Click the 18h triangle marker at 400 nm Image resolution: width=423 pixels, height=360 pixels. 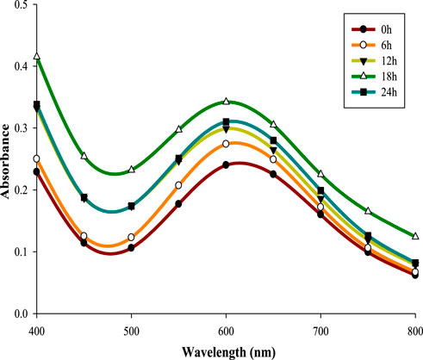(x=37, y=57)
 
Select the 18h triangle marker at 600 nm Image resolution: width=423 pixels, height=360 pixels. (x=226, y=102)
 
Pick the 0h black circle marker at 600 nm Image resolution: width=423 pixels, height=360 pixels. (x=226, y=164)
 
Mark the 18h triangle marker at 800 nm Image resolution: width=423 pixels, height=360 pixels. (x=414, y=236)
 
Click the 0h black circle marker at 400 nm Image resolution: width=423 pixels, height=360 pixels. (x=37, y=172)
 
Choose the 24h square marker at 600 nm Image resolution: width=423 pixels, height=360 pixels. (x=226, y=122)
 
